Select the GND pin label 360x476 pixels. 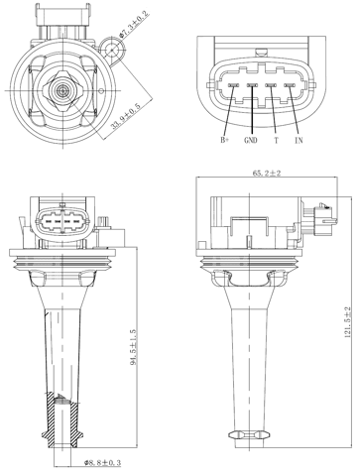click(x=251, y=141)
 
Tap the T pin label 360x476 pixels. click(x=275, y=141)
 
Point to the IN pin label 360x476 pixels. click(x=297, y=141)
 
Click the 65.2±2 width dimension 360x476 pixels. click(x=267, y=175)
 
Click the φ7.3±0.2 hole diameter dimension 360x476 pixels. click(x=131, y=20)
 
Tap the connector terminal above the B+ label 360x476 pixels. click(x=234, y=86)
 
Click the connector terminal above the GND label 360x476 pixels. click(x=252, y=86)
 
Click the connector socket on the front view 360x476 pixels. click(x=63, y=219)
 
